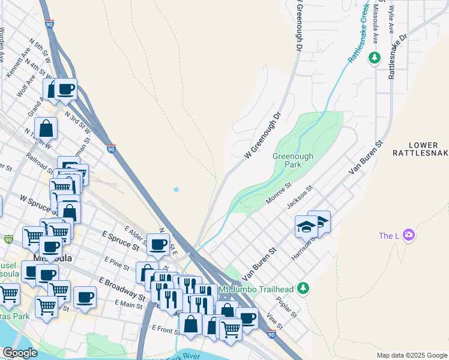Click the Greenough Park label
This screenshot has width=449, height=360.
[x=293, y=160]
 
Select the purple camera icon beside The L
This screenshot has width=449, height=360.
[x=409, y=235]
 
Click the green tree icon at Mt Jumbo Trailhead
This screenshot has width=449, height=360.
[x=303, y=289]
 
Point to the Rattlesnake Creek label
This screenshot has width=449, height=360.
[x=358, y=34]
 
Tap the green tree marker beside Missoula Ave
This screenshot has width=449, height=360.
[x=375, y=58]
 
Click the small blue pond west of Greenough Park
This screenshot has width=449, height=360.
[x=175, y=190]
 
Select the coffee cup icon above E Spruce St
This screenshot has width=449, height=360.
[x=158, y=244]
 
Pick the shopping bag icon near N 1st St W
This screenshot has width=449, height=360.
[x=46, y=128]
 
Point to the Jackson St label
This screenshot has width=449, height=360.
[x=300, y=198]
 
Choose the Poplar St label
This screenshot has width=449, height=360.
[x=288, y=306]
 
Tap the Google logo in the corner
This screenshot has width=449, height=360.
[x=20, y=353]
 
